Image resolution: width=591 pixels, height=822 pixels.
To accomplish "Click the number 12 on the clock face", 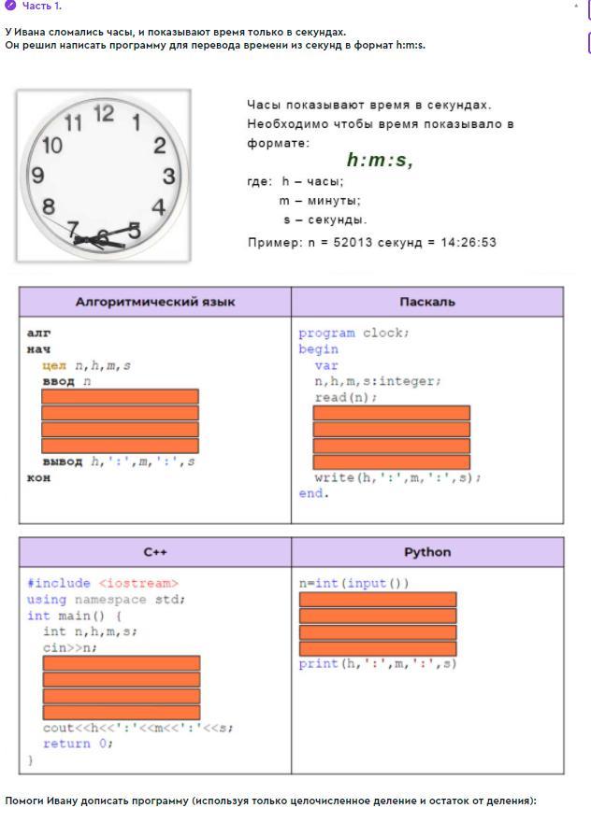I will [x=104, y=113].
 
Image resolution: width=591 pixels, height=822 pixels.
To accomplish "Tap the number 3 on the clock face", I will [x=169, y=176].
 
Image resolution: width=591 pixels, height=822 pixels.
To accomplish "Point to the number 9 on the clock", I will [x=37, y=176].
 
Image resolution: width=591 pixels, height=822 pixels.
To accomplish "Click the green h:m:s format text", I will [x=380, y=161].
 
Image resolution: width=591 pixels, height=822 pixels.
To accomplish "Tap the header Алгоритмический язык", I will [x=155, y=302].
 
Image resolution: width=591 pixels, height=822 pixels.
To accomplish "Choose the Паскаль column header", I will [x=427, y=302].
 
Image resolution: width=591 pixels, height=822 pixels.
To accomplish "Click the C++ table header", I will [x=155, y=552].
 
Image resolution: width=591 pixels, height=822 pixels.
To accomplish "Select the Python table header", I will [x=427, y=552].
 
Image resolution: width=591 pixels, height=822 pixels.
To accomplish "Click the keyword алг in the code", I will [x=39, y=333].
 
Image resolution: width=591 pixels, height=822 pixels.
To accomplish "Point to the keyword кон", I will [x=39, y=477].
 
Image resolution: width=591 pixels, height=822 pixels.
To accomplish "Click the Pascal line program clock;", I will [x=354, y=333].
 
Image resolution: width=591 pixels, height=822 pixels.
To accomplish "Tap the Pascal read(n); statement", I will [x=346, y=397].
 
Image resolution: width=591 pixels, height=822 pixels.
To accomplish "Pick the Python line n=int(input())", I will [x=354, y=584].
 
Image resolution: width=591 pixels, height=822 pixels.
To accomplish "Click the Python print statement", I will [x=378, y=664].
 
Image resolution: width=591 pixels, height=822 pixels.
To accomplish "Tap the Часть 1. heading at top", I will [x=42, y=7].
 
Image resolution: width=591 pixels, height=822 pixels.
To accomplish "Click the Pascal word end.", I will [x=313, y=493].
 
